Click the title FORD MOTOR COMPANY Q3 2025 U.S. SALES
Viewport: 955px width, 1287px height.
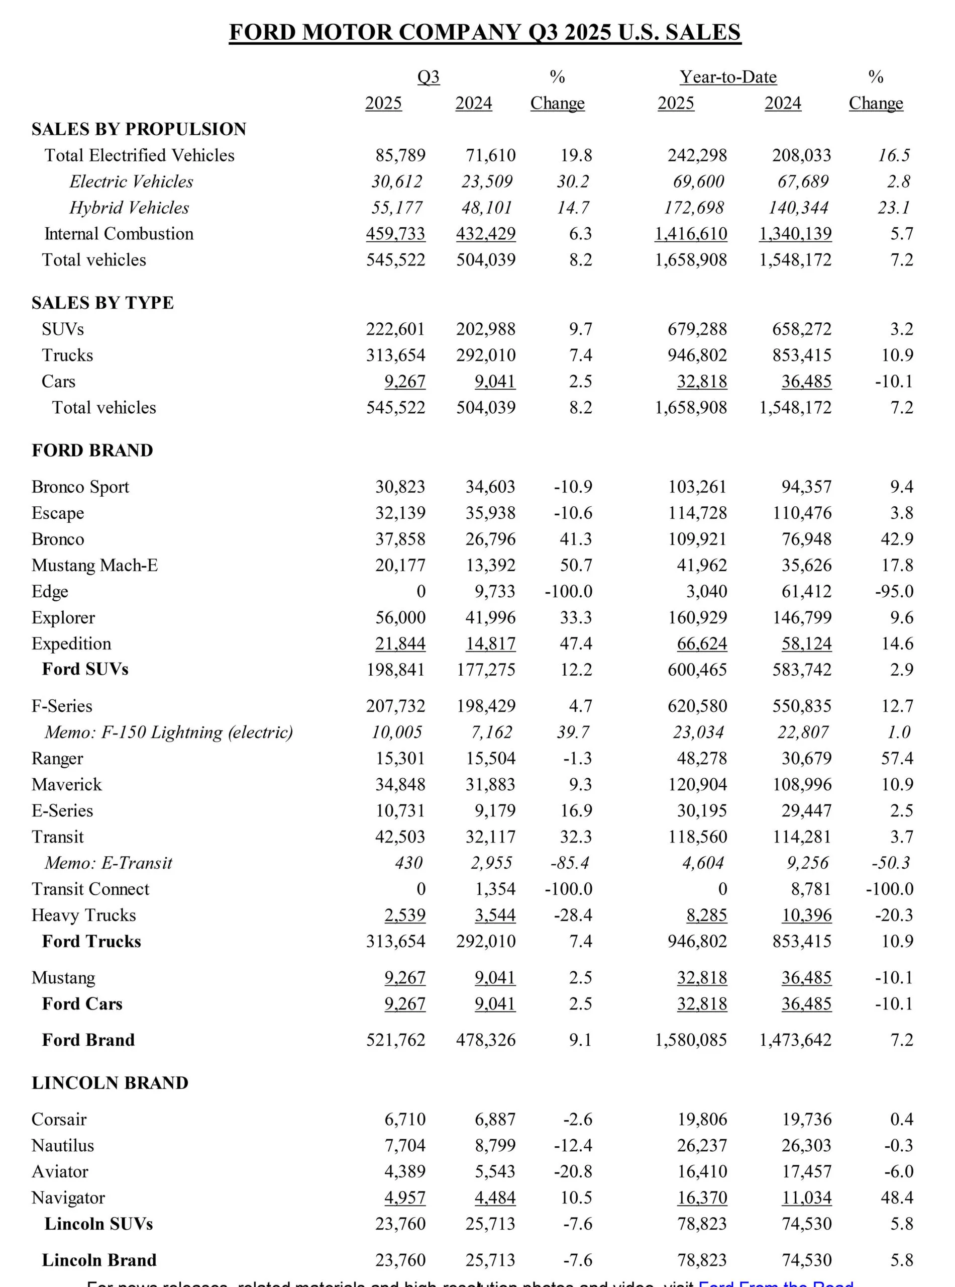[484, 32]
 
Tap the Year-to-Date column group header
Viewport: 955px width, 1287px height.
[728, 77]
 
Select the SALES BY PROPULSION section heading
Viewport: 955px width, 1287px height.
[139, 129]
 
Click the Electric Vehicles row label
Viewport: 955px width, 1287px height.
[131, 181]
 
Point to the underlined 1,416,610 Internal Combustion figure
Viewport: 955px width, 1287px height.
[691, 234]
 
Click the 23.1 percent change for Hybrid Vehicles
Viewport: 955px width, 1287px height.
[894, 208]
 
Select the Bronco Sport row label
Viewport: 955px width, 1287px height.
[80, 487]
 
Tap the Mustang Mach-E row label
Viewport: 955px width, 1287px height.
[95, 565]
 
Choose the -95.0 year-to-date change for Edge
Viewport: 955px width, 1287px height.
[894, 591]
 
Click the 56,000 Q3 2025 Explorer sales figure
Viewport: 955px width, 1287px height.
[400, 617]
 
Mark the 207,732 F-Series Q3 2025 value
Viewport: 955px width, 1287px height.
[395, 706]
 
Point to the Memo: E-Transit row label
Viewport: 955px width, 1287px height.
[109, 863]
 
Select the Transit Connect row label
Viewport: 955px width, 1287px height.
[91, 889]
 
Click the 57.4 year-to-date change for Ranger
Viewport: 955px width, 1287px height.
[897, 758]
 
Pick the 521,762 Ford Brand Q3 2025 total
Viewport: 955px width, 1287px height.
[395, 1040]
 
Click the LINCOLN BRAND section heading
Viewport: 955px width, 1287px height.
[110, 1083]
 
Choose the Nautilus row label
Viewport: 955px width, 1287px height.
[62, 1145]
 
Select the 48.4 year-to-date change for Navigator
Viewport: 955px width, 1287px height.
[897, 1198]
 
